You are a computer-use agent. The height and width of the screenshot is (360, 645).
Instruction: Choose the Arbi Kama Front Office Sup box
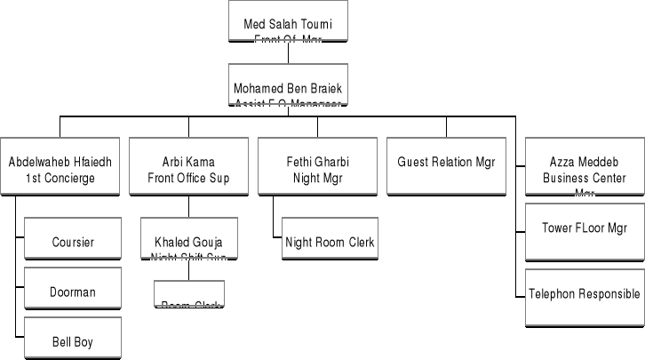(188, 169)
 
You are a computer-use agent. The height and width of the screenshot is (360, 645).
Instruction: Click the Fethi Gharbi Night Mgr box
(317, 169)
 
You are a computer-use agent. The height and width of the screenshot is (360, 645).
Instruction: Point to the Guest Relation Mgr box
(446, 164)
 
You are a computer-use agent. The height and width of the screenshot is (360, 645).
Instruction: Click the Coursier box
(73, 242)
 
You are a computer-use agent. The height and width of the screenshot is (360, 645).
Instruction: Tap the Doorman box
(73, 291)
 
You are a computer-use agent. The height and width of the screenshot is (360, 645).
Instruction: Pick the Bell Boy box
(73, 340)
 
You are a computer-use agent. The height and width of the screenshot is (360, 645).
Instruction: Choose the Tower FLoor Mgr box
(584, 228)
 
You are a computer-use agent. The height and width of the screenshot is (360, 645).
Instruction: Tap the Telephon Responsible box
(584, 293)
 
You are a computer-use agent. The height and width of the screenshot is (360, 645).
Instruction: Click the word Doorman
(73, 292)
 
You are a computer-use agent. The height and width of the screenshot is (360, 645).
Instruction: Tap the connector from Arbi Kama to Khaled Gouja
(188, 205)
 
